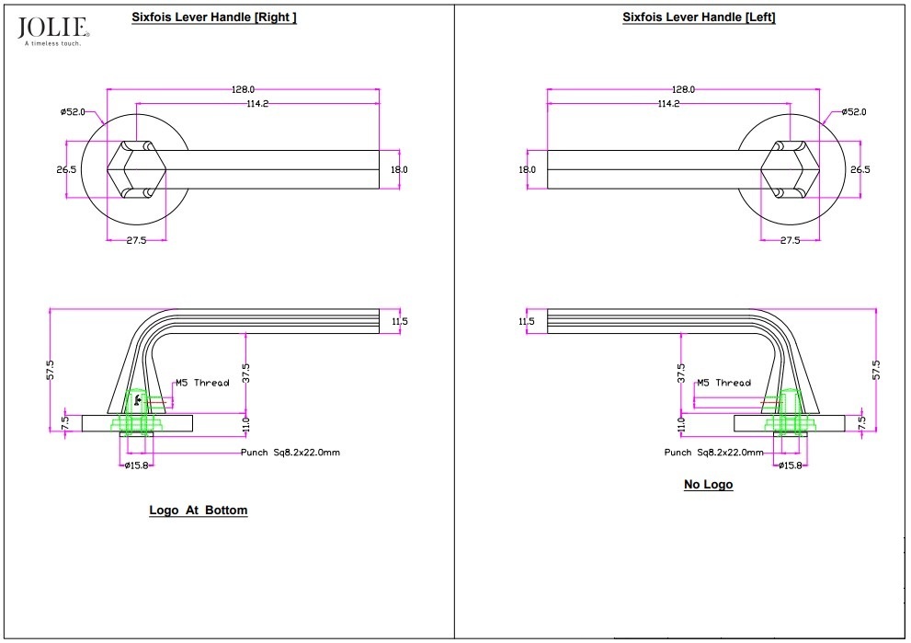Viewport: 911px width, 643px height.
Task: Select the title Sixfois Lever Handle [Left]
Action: tap(699, 17)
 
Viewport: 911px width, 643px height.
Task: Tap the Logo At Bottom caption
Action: tap(199, 510)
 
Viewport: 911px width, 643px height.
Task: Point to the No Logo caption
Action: tap(708, 485)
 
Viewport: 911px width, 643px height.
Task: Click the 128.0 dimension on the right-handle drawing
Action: tap(244, 89)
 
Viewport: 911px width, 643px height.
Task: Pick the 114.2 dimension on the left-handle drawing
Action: tap(668, 104)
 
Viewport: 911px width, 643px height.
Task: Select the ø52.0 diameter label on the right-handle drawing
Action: tap(73, 112)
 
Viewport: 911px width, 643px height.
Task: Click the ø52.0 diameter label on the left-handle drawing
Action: tap(853, 112)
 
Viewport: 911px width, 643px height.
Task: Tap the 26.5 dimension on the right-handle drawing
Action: tap(66, 169)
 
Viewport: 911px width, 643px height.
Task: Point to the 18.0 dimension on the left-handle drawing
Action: tap(527, 169)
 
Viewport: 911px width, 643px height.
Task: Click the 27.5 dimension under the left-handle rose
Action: tap(790, 240)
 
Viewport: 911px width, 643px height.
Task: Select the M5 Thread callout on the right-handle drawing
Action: tap(202, 383)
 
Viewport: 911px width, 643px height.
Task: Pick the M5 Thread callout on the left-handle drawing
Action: tap(723, 383)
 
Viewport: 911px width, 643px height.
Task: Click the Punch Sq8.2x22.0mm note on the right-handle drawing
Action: tap(290, 453)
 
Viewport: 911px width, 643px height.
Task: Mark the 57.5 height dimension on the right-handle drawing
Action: tap(51, 369)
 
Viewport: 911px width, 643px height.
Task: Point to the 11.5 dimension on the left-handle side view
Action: tap(526, 321)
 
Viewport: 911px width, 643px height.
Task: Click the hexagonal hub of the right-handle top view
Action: tap(138, 170)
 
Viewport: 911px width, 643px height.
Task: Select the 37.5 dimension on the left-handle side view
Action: tap(681, 372)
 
